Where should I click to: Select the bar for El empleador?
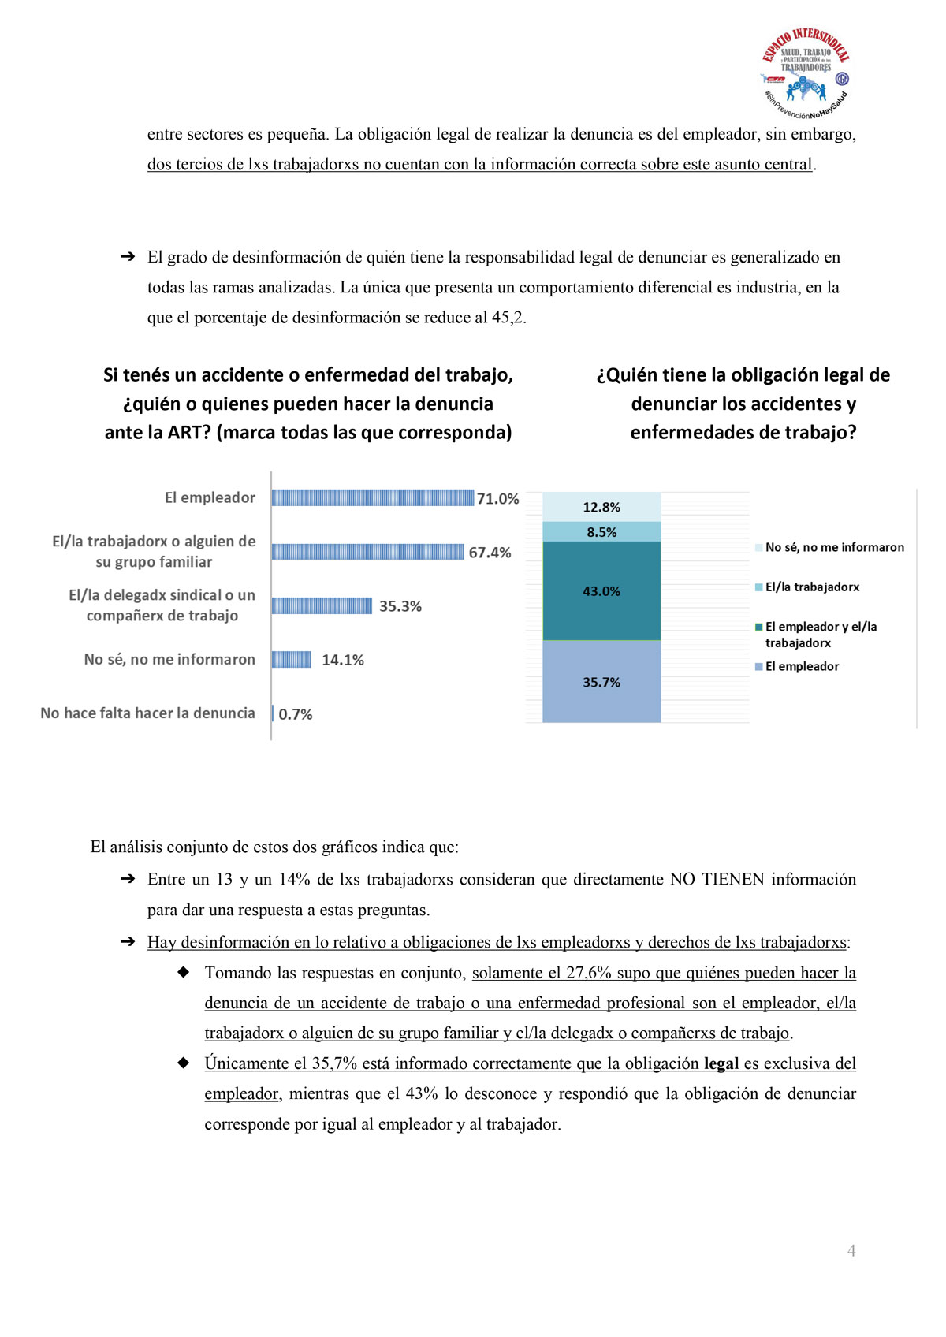372,497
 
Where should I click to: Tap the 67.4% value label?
490,553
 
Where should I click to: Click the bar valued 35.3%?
322,605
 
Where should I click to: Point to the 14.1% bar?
292,660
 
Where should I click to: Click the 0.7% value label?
296,714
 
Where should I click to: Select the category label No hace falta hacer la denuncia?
147,713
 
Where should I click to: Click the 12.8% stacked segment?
601,507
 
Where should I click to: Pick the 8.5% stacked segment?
601,532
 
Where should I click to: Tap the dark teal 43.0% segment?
601,591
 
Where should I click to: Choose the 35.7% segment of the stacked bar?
601,682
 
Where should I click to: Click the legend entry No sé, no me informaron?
834,547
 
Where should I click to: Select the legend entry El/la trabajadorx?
812,587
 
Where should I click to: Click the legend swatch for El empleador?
759,667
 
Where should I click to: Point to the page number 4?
851,1251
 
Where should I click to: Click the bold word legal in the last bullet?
721,1063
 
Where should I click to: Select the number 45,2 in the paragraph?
508,318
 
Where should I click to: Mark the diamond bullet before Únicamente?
184,1063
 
